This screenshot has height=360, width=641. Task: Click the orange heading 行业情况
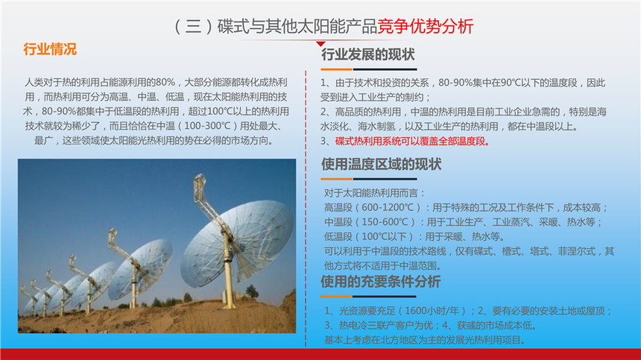click(50, 49)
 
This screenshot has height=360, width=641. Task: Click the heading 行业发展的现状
click(368, 54)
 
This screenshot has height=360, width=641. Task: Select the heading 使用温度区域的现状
click(381, 164)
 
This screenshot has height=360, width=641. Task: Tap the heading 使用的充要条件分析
click(381, 282)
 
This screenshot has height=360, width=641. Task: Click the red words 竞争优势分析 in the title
click(425, 26)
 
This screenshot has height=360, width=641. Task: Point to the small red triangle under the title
click(320, 44)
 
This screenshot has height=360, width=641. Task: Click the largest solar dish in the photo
click(237, 243)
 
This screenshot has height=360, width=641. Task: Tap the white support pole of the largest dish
click(228, 270)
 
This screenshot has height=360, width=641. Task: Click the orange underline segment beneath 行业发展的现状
click(336, 69)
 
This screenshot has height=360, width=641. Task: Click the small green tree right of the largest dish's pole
click(251, 291)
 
